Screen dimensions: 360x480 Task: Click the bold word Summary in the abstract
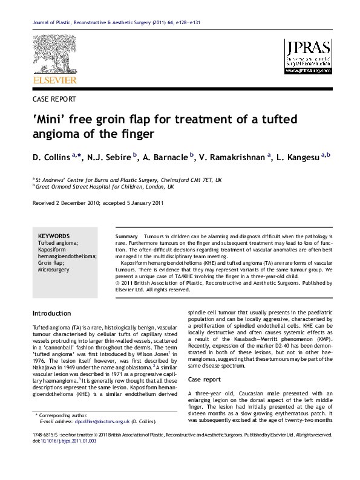pyautogui.click(x=125, y=235)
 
